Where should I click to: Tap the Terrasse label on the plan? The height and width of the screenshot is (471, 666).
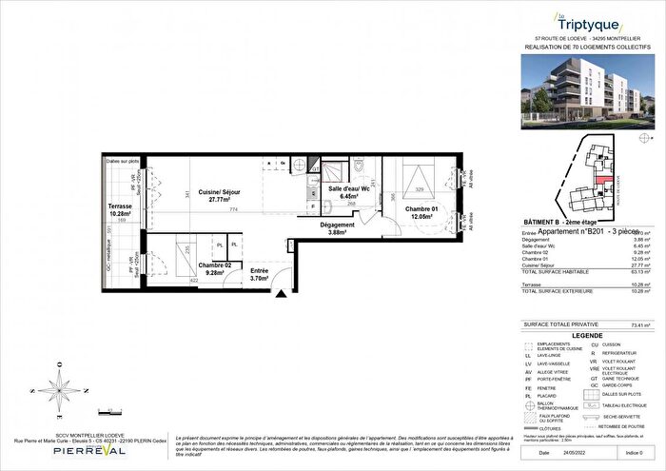click(120, 211)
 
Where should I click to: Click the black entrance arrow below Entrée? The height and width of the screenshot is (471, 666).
click(278, 294)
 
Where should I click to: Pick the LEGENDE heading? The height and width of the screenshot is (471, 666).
click(586, 335)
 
